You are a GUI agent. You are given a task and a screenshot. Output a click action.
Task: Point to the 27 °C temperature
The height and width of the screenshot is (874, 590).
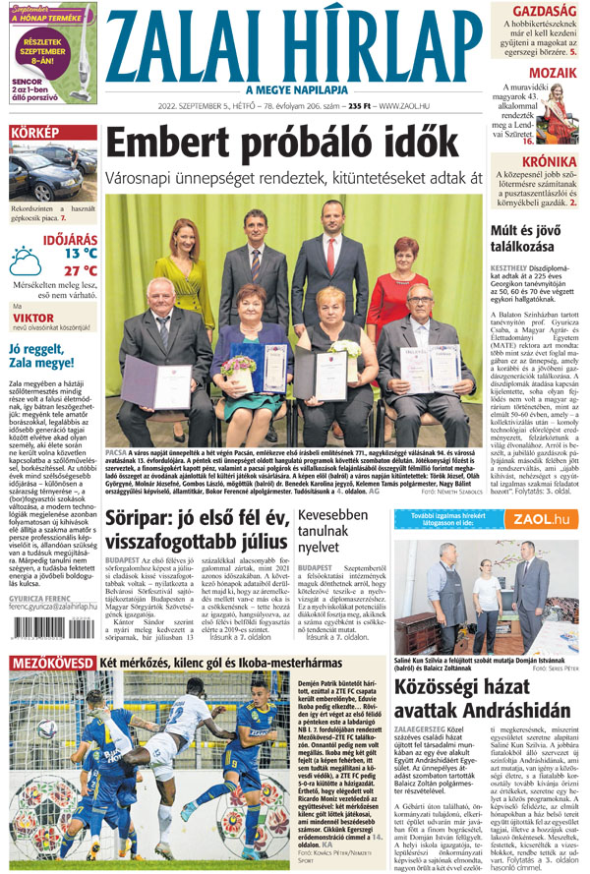80,270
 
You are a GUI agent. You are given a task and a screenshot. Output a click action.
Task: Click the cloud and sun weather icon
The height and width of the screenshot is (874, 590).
26,260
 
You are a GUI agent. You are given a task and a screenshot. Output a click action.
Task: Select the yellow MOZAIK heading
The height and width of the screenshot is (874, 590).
554,72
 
